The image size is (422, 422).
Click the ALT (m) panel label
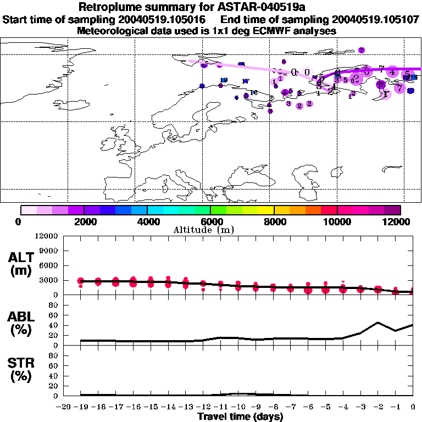[20, 264]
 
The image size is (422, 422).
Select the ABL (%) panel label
[20, 324]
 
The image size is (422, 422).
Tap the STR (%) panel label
[20, 370]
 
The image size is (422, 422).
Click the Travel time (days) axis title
[240, 417]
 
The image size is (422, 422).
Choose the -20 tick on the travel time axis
[64, 407]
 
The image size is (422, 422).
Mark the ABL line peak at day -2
[378, 323]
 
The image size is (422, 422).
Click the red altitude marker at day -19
[81, 281]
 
